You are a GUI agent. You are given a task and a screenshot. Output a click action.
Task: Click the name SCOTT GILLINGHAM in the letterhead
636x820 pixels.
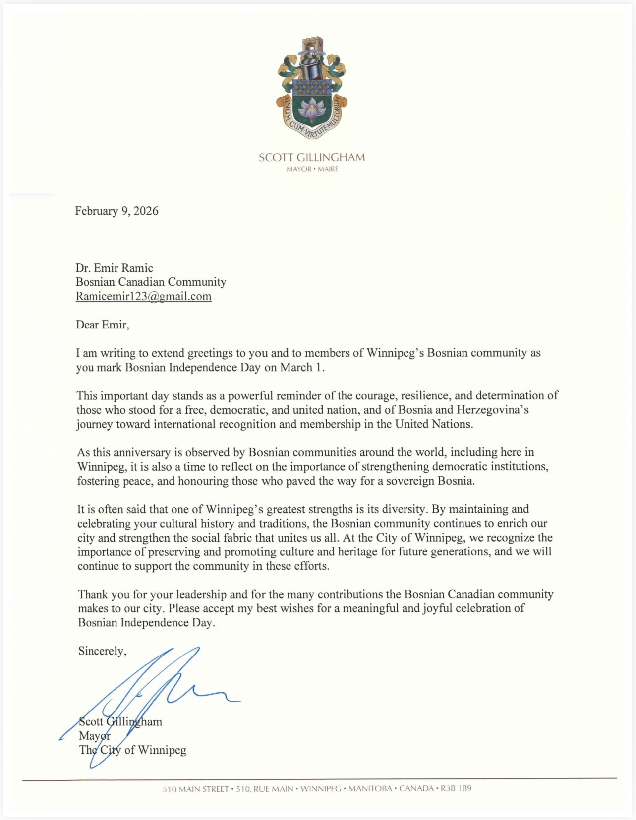[x=311, y=158]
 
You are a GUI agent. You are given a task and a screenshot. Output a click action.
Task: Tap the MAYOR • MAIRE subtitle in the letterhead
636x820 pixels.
[x=312, y=169]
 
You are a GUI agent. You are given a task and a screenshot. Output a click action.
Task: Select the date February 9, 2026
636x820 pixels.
[x=116, y=211]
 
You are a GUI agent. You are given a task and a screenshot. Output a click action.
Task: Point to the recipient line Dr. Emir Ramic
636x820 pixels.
[x=114, y=268]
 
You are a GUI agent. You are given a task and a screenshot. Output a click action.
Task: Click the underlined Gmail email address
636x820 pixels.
[x=143, y=296]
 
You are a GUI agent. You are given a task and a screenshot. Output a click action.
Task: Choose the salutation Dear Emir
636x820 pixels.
[x=102, y=325]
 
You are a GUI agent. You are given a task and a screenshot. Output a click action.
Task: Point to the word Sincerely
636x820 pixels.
[x=102, y=651]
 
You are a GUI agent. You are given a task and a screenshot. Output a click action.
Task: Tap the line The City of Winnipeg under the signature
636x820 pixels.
[x=132, y=750]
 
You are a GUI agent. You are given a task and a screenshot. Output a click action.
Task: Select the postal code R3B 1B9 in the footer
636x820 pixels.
[x=456, y=788]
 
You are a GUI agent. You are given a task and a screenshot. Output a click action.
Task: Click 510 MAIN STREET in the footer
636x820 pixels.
[x=195, y=788]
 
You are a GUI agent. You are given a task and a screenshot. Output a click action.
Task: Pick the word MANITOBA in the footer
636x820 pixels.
[x=370, y=788]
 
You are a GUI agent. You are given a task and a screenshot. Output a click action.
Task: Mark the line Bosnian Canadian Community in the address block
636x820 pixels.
[x=151, y=282]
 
